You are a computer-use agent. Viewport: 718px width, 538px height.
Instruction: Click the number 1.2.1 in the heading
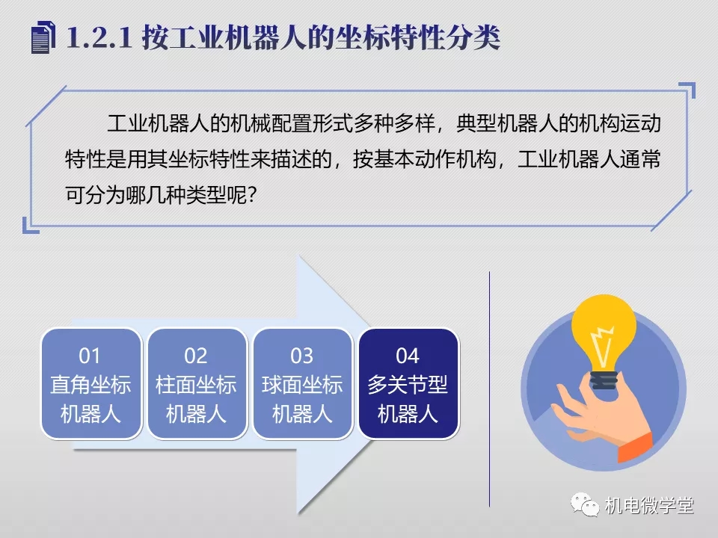(99, 37)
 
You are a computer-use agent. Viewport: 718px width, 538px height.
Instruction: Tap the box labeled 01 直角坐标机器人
(90, 384)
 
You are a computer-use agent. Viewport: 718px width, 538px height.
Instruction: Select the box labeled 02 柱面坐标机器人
(197, 384)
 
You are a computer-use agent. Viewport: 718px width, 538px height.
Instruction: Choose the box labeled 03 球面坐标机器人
(302, 384)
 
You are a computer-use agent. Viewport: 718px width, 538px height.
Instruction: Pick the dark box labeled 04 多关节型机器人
(408, 384)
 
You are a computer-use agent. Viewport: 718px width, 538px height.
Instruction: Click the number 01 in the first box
(89, 356)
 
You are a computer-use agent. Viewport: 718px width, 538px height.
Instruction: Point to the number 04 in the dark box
(408, 356)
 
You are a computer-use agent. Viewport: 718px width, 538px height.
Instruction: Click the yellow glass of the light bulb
(604, 332)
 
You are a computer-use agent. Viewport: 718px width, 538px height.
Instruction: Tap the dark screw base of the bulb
(604, 380)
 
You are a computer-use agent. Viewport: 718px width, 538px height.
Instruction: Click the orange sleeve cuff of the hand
(636, 447)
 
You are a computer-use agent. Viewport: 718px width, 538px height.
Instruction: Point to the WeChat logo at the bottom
(585, 504)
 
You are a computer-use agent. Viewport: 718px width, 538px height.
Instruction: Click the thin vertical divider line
(489, 389)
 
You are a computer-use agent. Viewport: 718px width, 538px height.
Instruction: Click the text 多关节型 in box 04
(408, 384)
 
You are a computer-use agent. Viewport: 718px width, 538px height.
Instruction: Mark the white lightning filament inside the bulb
(603, 346)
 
